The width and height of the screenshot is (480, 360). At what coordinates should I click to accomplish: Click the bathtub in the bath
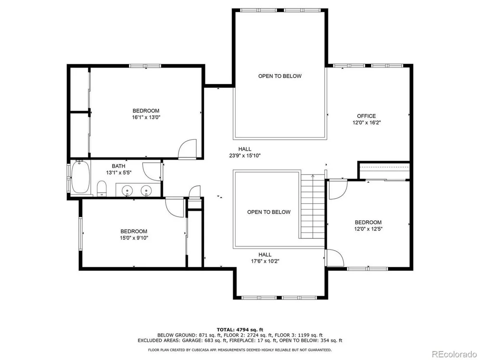(81, 178)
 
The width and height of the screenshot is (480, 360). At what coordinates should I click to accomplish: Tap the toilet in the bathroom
(102, 188)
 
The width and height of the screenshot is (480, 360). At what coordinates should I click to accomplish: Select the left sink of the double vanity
(127, 191)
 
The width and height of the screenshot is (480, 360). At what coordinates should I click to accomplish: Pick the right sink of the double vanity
(146, 191)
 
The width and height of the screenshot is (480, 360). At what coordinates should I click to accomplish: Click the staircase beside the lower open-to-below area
(312, 206)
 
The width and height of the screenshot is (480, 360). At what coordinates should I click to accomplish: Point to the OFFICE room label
(366, 116)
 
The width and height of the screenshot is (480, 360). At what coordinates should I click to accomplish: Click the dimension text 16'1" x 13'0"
(146, 117)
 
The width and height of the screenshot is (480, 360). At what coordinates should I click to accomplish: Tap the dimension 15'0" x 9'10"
(134, 238)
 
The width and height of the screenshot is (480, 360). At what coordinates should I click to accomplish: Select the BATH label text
(118, 166)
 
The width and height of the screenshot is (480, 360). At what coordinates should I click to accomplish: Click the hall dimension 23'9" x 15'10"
(245, 156)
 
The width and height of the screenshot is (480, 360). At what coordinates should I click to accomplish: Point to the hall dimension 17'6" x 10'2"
(265, 261)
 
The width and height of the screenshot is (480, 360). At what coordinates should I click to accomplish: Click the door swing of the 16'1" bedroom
(187, 149)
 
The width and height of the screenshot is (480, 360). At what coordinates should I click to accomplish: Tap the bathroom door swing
(152, 171)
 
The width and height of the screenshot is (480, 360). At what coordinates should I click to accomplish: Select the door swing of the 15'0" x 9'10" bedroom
(175, 208)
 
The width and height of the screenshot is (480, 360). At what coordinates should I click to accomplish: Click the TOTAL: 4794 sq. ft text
(240, 330)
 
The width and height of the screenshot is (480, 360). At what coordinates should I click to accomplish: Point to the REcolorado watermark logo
(454, 354)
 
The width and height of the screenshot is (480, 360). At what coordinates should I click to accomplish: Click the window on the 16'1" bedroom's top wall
(145, 66)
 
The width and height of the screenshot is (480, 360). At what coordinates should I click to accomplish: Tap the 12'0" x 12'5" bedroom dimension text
(368, 229)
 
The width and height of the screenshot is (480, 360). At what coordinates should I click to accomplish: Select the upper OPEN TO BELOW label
(280, 76)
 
